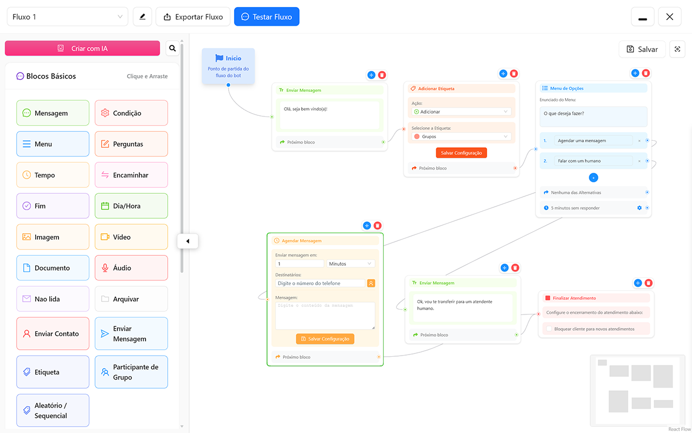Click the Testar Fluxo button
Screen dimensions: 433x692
pyautogui.click(x=267, y=17)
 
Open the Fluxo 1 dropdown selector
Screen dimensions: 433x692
pyautogui.click(x=67, y=17)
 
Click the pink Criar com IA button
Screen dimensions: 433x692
pyautogui.click(x=83, y=48)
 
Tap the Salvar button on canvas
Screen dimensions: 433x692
pyautogui.click(x=642, y=49)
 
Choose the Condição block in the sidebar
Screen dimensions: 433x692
pyautogui.click(x=131, y=113)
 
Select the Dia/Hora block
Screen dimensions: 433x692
pyautogui.click(x=131, y=206)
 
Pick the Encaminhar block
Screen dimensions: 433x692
pyautogui.click(x=131, y=175)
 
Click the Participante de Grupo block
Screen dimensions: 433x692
pyautogui.click(x=131, y=372)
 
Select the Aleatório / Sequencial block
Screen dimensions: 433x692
pyautogui.click(x=52, y=410)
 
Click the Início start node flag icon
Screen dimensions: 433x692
pyautogui.click(x=219, y=58)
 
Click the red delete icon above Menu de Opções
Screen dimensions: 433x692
pyautogui.click(x=646, y=73)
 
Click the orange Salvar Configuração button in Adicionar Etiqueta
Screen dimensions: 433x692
pyautogui.click(x=461, y=153)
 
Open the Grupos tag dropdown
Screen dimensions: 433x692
pyautogui.click(x=461, y=137)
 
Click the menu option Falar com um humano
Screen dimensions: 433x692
pyautogui.click(x=594, y=161)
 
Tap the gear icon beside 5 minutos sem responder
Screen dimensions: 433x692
pyautogui.click(x=640, y=208)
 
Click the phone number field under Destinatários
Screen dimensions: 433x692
pyautogui.click(x=321, y=283)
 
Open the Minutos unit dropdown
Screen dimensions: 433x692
pyautogui.click(x=350, y=264)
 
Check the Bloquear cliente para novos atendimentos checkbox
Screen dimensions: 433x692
pyautogui.click(x=549, y=329)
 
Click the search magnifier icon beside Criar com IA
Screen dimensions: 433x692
pyautogui.click(x=172, y=48)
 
